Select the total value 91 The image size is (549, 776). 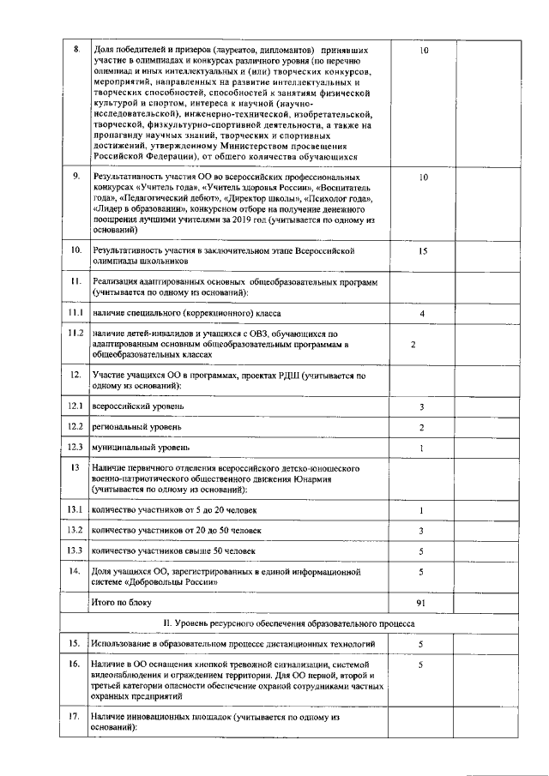[421, 604]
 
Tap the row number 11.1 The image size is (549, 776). [75, 314]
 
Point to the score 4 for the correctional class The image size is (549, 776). [422, 314]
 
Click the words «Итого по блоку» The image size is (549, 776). [121, 604]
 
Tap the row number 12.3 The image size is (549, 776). [75, 448]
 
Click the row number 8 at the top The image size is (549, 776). [75, 51]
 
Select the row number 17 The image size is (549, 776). [75, 715]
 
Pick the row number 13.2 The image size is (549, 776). [75, 531]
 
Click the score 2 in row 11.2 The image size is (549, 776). [413, 345]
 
